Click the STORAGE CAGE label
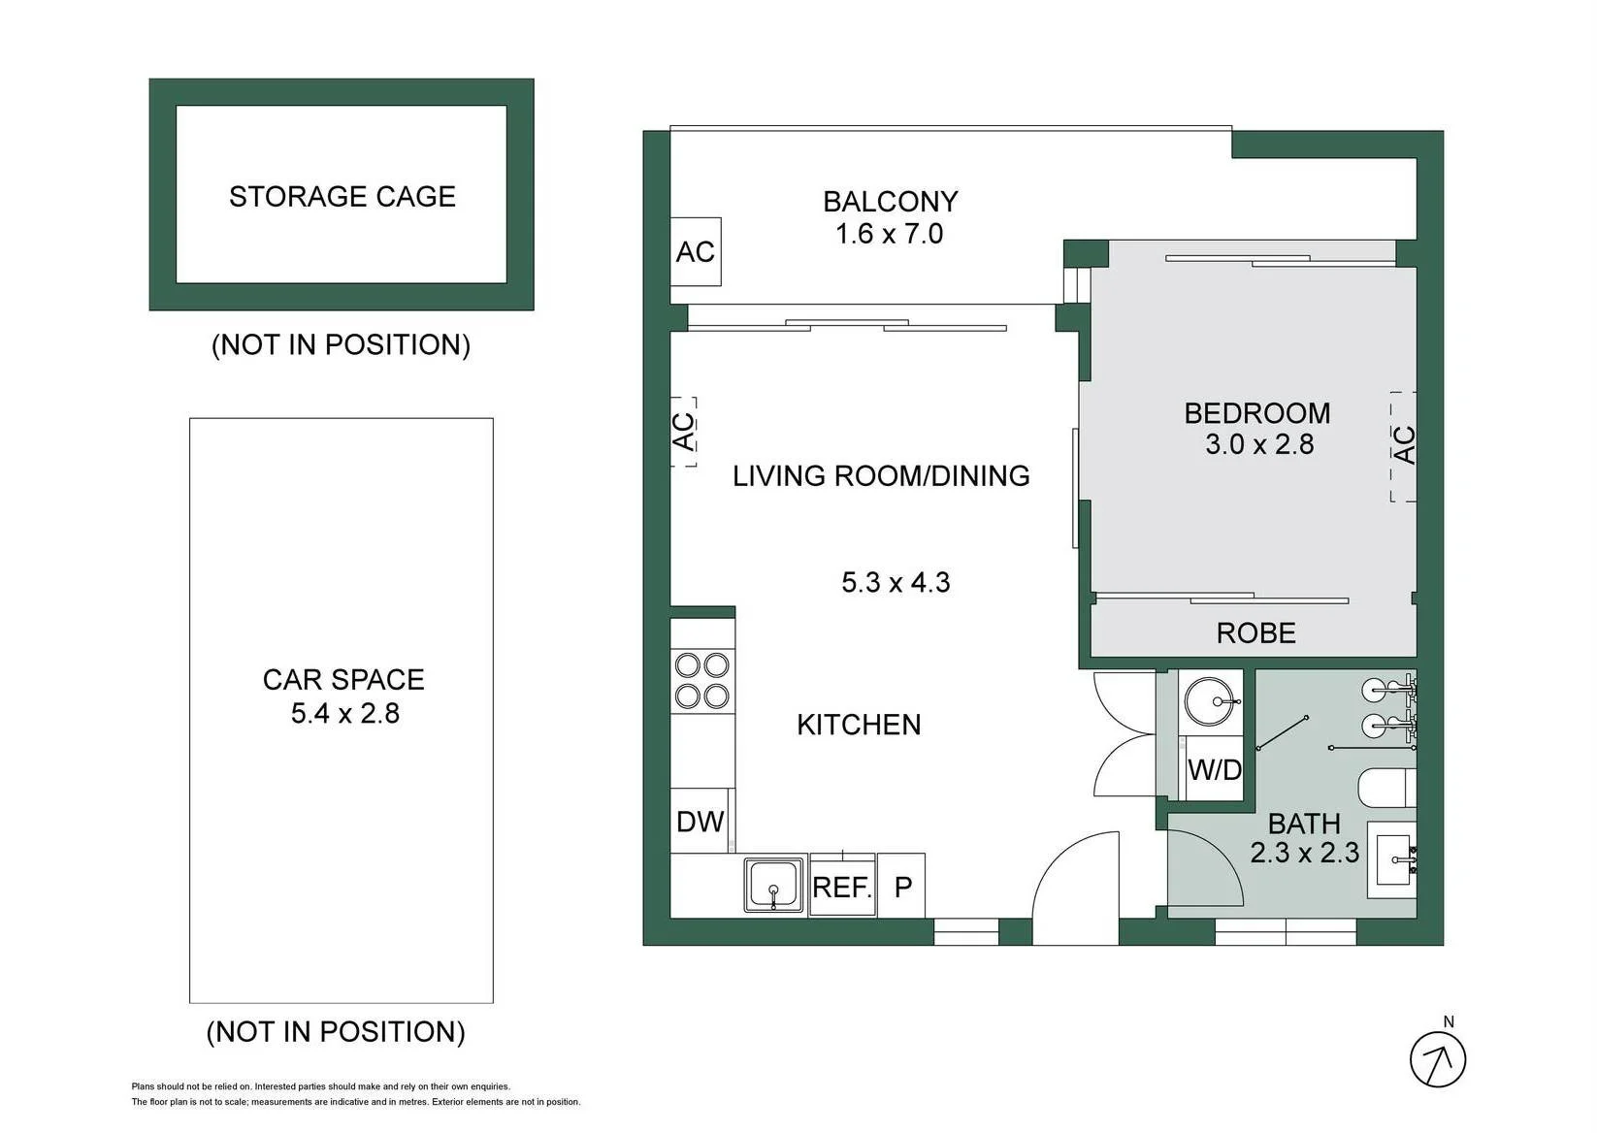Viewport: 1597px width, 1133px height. [x=342, y=197]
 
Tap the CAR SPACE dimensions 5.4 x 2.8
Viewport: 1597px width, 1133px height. [x=345, y=713]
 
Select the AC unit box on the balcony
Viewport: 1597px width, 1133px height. [x=696, y=251]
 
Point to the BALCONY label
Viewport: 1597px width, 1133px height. [x=891, y=202]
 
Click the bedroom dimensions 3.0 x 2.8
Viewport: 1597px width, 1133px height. [x=1259, y=444]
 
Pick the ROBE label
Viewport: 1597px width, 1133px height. [x=1256, y=632]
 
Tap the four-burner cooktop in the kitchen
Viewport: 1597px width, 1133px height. [x=702, y=681]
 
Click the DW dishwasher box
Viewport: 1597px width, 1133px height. [x=701, y=821]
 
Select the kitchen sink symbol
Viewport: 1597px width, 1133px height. [x=773, y=885]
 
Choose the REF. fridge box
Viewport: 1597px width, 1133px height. [x=843, y=885]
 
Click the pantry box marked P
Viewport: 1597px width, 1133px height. [x=901, y=885]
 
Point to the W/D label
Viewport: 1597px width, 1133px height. [x=1215, y=769]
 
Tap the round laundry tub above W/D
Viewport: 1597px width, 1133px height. [x=1209, y=701]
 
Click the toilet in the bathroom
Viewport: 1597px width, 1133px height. [x=1386, y=788]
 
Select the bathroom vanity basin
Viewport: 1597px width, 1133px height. [x=1391, y=859]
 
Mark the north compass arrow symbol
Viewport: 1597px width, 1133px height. [x=1438, y=1059]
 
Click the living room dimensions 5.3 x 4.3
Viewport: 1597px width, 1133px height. [x=896, y=583]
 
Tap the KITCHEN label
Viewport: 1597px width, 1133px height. [x=859, y=725]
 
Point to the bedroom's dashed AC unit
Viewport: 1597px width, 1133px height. [x=1404, y=447]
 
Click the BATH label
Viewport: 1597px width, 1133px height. [x=1305, y=825]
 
